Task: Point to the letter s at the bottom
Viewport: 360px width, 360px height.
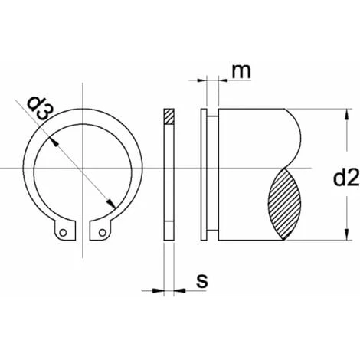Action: click(x=201, y=282)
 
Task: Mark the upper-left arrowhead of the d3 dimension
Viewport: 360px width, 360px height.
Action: click(x=52, y=140)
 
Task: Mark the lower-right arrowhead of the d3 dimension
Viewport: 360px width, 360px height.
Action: click(x=111, y=202)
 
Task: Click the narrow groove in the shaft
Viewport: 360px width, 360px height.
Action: click(x=213, y=176)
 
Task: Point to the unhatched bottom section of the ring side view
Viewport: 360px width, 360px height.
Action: click(x=169, y=230)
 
